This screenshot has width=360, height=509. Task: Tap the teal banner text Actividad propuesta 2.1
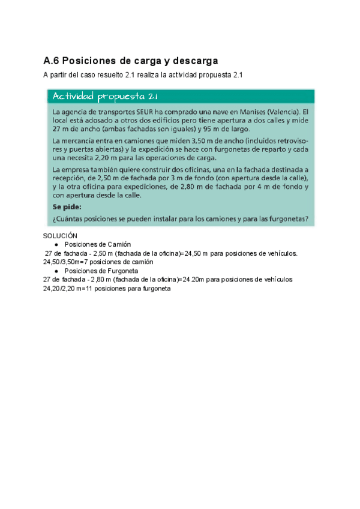coord(105,97)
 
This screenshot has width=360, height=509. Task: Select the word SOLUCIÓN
coord(61,236)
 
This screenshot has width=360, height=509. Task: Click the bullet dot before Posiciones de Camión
coord(56,245)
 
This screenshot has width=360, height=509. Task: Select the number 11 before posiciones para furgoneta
coord(90,288)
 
